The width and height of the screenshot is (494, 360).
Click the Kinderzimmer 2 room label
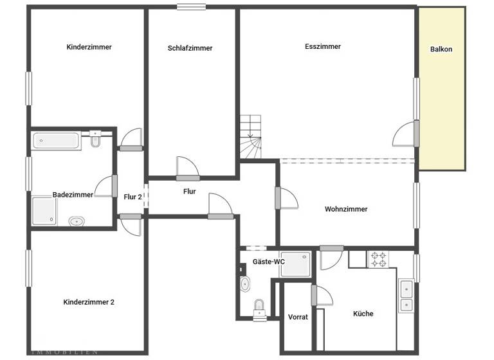(89, 301)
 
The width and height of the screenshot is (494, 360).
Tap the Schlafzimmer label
(190, 48)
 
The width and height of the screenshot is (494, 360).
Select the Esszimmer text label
(323, 46)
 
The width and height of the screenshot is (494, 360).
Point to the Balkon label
(441, 49)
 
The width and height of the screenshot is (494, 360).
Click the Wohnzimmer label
(346, 209)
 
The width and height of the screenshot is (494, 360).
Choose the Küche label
(363, 314)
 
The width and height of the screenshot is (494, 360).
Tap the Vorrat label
(298, 317)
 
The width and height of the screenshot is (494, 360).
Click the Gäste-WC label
(268, 262)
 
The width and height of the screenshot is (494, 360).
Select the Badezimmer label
(73, 195)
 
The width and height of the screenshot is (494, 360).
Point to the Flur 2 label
(133, 197)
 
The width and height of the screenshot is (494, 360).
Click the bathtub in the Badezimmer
(56, 141)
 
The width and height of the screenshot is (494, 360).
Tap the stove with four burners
(378, 259)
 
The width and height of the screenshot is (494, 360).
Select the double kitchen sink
(406, 296)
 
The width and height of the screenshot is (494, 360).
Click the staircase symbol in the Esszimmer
(251, 136)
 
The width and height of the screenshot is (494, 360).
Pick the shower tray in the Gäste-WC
(296, 264)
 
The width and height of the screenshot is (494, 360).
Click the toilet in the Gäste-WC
(259, 307)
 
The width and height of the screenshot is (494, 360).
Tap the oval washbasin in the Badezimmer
(77, 221)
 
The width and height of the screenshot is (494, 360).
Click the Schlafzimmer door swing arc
(187, 165)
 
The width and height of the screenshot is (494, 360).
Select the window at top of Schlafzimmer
(192, 7)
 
